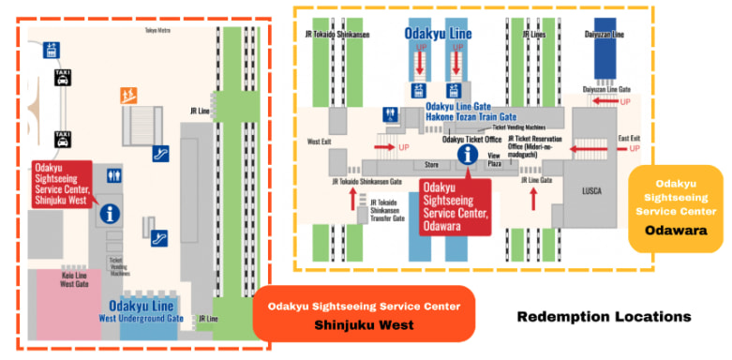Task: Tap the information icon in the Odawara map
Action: (x=463, y=156)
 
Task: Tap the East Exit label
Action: (x=634, y=138)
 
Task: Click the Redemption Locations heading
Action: (x=604, y=317)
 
